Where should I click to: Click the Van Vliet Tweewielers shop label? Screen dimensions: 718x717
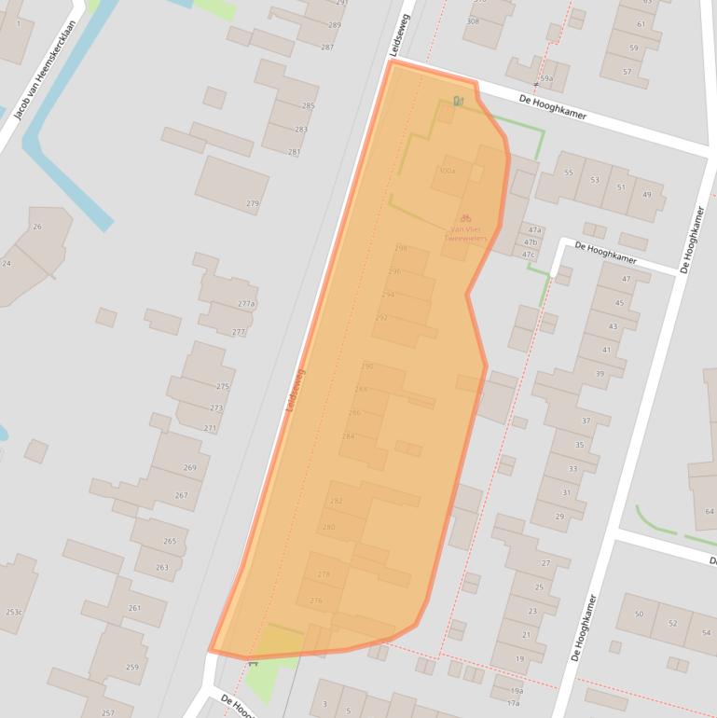pyautogui.click(x=469, y=233)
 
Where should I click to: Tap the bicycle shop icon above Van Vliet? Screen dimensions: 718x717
pyautogui.click(x=465, y=217)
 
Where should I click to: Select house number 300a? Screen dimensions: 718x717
pyautogui.click(x=448, y=172)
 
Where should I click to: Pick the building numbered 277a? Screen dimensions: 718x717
pyautogui.click(x=246, y=304)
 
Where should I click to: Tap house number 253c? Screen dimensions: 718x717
pyautogui.click(x=13, y=612)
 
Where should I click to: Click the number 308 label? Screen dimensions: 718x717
pyautogui.click(x=473, y=21)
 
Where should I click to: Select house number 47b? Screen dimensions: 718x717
pyautogui.click(x=532, y=242)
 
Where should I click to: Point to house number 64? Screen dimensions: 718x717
pyautogui.click(x=710, y=511)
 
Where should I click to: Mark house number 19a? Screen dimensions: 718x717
pyautogui.click(x=517, y=690)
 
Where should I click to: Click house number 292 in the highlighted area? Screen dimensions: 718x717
pyautogui.click(x=381, y=318)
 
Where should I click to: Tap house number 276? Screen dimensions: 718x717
pyautogui.click(x=315, y=601)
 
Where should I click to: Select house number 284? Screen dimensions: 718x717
pyautogui.click(x=349, y=435)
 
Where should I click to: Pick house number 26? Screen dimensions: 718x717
pyautogui.click(x=37, y=227)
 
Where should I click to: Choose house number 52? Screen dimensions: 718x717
pyautogui.click(x=672, y=623)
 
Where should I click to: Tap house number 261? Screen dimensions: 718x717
pyautogui.click(x=134, y=608)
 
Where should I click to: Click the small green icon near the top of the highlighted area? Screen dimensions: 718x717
pyautogui.click(x=457, y=101)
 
